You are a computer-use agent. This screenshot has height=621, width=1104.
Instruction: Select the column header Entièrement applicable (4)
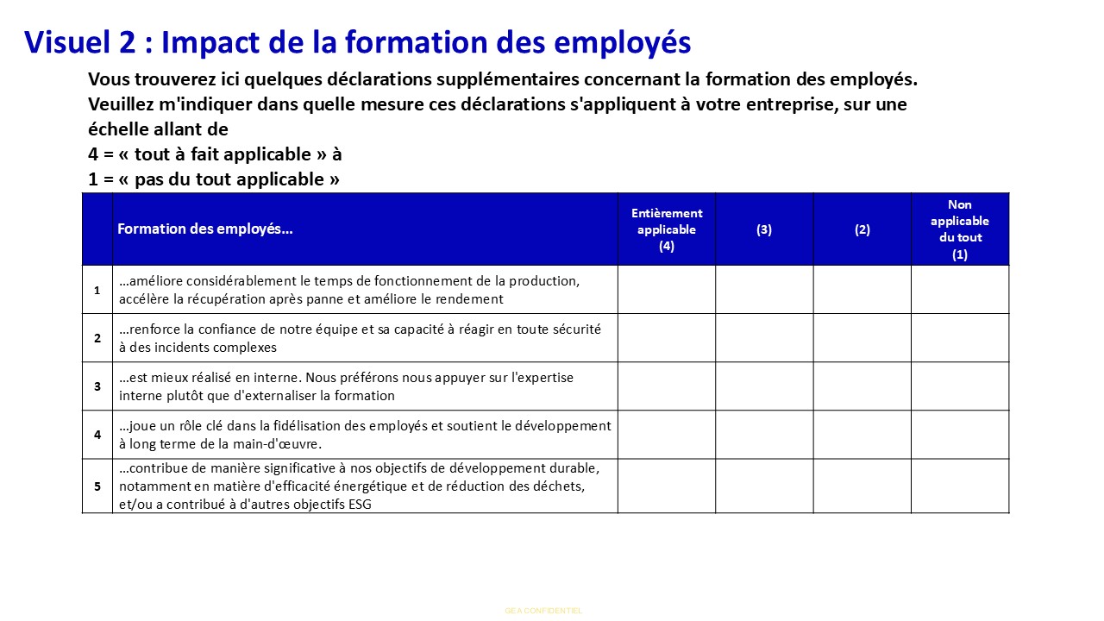pyautogui.click(x=667, y=229)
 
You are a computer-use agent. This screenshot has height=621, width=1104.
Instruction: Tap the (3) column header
pyautogui.click(x=764, y=229)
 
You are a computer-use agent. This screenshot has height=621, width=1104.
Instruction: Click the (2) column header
pyautogui.click(x=862, y=229)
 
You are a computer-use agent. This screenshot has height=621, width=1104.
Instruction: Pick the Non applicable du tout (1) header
pyautogui.click(x=960, y=229)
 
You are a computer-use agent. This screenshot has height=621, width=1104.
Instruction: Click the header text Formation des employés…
pyautogui.click(x=205, y=229)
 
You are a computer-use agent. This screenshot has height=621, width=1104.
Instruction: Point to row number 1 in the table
pyautogui.click(x=97, y=290)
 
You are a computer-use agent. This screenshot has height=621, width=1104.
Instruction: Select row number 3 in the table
pyautogui.click(x=97, y=386)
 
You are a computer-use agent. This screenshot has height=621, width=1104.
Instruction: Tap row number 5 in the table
pyautogui.click(x=97, y=486)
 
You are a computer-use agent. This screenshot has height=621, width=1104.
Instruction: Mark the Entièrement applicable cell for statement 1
pyautogui.click(x=667, y=290)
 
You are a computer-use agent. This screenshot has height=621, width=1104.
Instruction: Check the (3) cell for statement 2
pyautogui.click(x=764, y=338)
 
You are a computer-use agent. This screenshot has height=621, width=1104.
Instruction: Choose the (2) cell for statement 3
pyautogui.click(x=862, y=386)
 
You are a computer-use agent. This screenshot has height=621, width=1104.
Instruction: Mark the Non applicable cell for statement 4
pyautogui.click(x=960, y=435)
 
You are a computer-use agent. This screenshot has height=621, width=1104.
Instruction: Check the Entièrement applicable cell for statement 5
pyautogui.click(x=667, y=486)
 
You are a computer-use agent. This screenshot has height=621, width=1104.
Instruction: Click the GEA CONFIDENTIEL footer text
pyautogui.click(x=543, y=611)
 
